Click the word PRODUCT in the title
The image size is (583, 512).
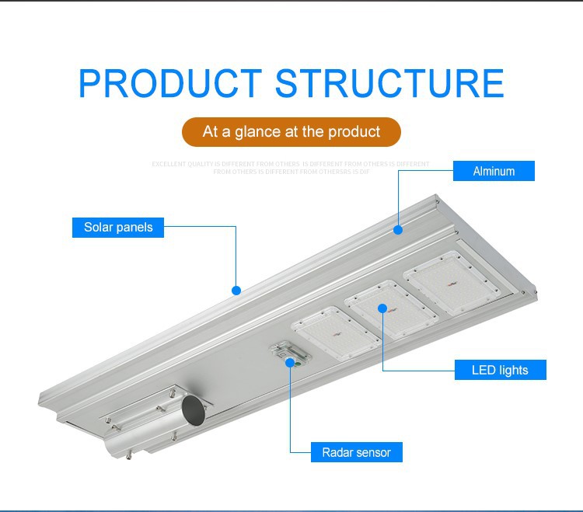170,83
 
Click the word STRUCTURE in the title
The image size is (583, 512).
389,83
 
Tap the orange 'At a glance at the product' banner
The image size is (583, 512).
291,132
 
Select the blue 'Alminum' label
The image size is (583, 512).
494,171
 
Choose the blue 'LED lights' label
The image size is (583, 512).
500,370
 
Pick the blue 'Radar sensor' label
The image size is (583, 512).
356,452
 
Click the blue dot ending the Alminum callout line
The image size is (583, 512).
398,230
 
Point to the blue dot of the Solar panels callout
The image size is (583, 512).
236,291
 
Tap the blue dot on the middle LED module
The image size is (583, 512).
382,308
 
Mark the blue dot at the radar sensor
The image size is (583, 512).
291,361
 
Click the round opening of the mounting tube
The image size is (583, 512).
194,410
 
